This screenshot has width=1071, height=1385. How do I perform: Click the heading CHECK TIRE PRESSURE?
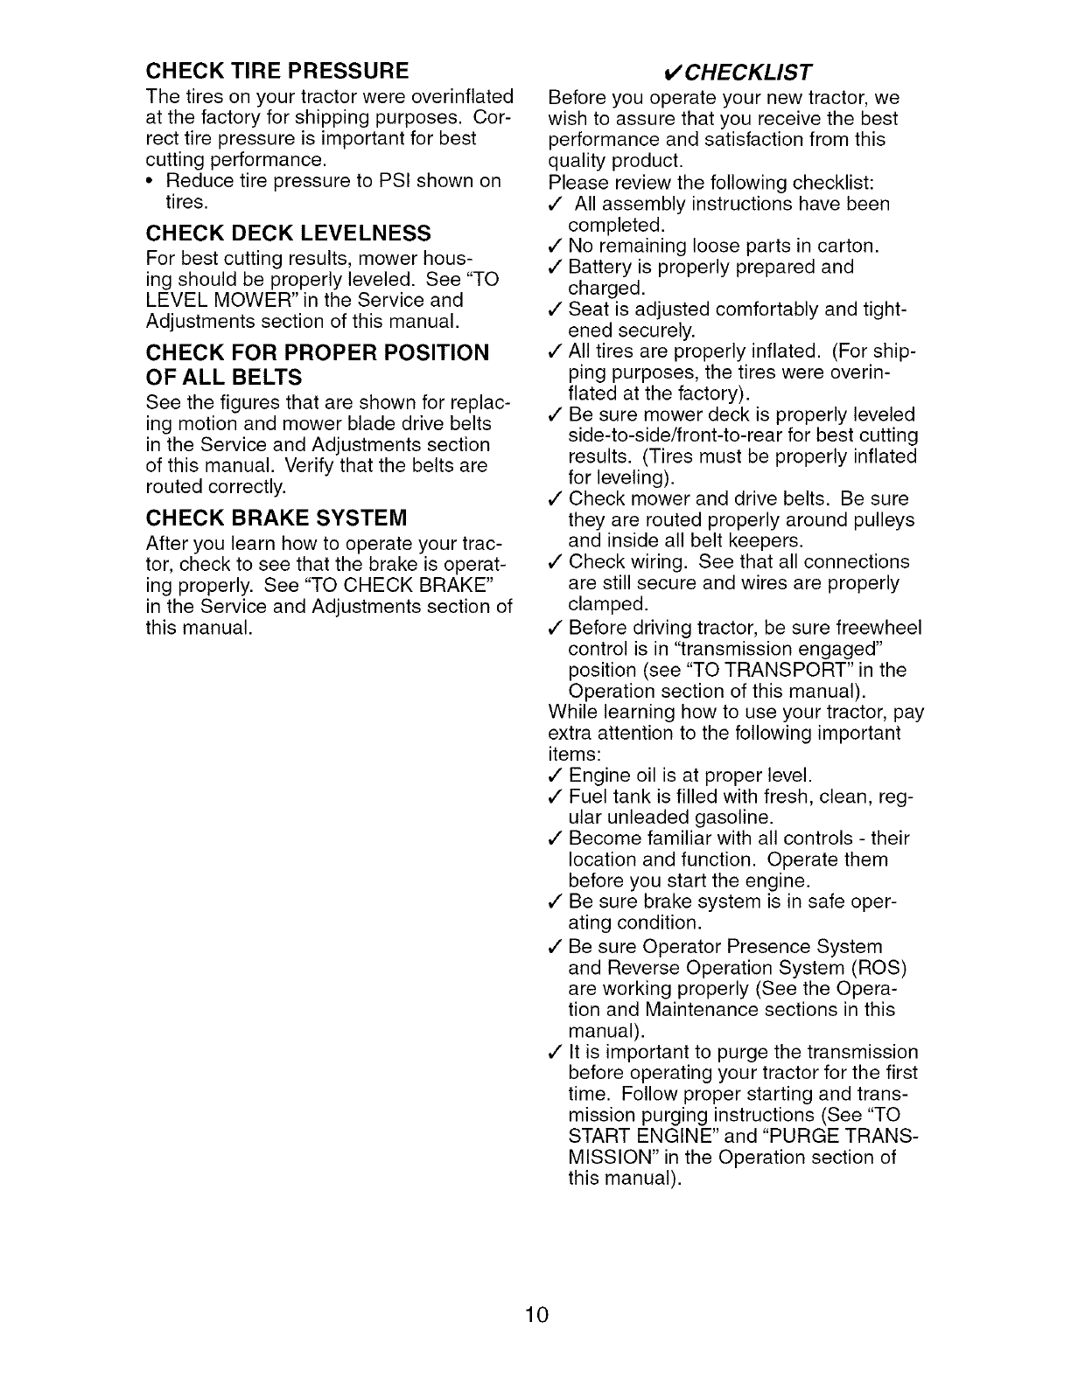[277, 70]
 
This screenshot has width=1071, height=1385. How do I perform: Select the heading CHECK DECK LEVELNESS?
[289, 233]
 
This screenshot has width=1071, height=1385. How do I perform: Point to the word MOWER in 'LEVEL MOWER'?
[246, 300]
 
